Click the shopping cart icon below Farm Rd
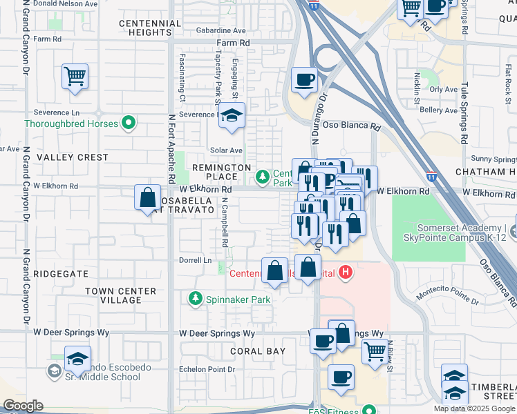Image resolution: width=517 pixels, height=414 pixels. (x=75, y=77)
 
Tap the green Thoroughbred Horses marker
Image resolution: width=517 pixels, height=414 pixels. (x=128, y=124)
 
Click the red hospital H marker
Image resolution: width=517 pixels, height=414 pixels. (x=346, y=273)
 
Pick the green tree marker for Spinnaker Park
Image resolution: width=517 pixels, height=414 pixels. (x=196, y=298)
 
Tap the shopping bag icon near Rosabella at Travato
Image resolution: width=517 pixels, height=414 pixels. (x=148, y=198)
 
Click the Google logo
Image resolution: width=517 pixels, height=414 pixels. (x=23, y=406)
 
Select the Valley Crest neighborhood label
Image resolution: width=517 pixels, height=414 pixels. (x=73, y=157)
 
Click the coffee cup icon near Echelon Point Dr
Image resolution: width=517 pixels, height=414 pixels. (x=341, y=377)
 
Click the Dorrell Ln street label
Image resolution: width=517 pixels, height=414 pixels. (x=196, y=260)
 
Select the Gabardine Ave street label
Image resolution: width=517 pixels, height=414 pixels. (x=220, y=31)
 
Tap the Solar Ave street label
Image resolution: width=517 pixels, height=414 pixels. (x=226, y=150)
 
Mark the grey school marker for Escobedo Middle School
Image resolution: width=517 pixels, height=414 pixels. (x=54, y=371)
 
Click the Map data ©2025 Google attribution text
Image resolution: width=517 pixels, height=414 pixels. (x=473, y=408)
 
